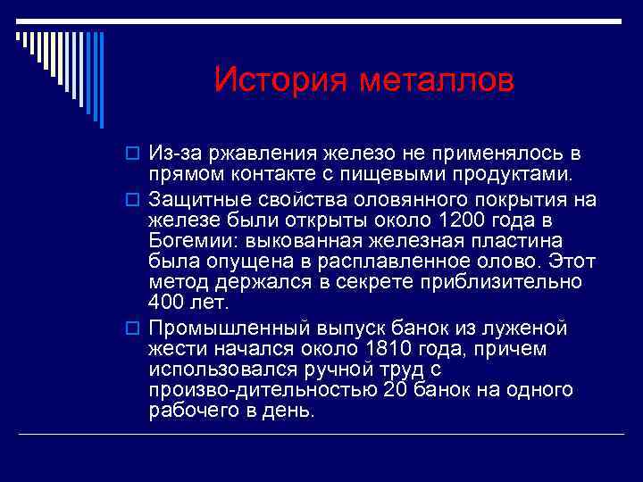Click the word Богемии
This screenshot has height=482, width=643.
190,240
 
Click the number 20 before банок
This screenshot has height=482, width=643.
396,390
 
